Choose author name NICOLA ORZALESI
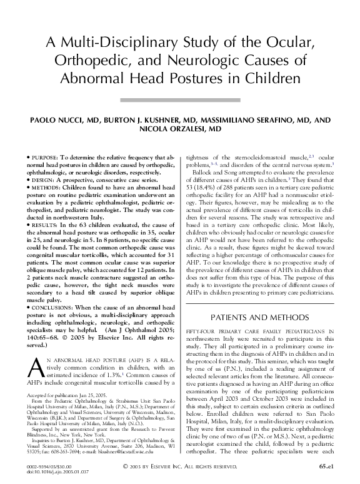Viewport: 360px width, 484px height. [180, 129]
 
